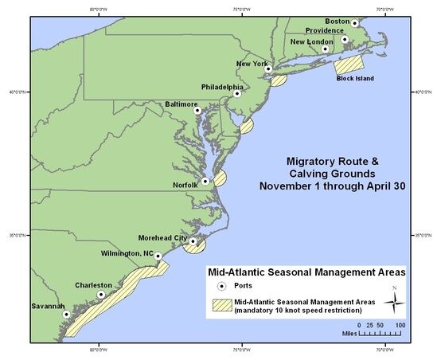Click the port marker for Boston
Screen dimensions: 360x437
355,23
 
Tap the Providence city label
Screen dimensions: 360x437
325,31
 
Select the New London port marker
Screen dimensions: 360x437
325,49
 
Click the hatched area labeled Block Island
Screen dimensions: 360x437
348,65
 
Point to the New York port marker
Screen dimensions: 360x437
268,69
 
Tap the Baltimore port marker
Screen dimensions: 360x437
197,110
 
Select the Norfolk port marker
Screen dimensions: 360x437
205,182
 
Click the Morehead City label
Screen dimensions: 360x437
164,237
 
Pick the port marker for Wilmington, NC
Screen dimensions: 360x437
158,256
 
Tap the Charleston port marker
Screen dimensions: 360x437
101,295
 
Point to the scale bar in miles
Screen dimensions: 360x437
381,333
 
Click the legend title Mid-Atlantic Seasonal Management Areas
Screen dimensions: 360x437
306,272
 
